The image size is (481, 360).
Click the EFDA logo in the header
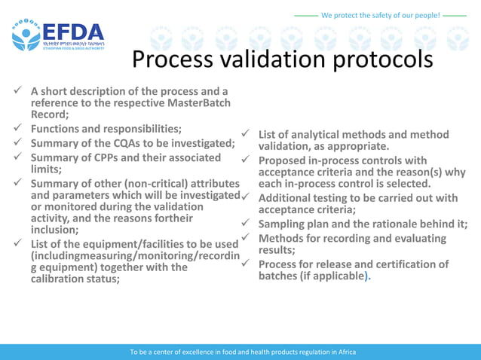pos(57,35)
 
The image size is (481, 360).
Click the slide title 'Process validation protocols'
pos(283,59)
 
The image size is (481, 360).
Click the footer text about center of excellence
pos(243,352)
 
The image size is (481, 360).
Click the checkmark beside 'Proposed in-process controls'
pos(245,160)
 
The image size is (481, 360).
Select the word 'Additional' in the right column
pos(288,198)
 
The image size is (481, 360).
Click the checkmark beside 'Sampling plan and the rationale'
pos(245,224)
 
